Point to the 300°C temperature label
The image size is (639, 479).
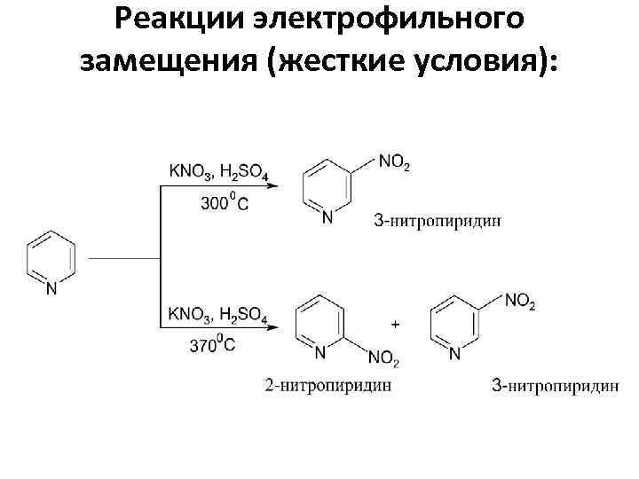[225, 203]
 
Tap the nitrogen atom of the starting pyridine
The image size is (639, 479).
[51, 287]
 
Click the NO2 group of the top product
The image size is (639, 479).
[394, 161]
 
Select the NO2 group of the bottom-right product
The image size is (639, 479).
[519, 303]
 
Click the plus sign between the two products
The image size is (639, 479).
[395, 326]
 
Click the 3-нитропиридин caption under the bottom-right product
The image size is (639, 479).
[555, 385]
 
